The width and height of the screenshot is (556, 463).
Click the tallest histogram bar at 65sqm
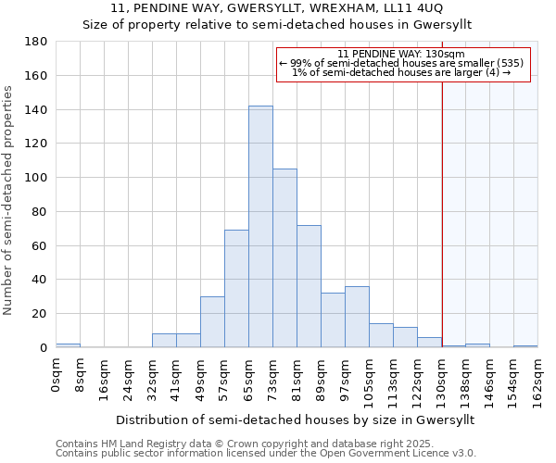(260, 227)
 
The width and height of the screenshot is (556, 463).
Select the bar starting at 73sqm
(284, 258)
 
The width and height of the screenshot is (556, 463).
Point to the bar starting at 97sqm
(357, 317)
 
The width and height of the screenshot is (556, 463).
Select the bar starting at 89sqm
(333, 320)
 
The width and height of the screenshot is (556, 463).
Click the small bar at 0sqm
(68, 345)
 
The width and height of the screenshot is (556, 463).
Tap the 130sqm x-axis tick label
(443, 380)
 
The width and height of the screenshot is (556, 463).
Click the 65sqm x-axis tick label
(249, 377)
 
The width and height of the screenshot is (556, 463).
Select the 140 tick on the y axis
(36, 110)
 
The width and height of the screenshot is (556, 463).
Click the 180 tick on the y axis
(36, 42)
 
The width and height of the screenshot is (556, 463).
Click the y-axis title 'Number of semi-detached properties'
(9, 200)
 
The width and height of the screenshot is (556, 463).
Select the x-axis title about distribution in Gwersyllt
(297, 419)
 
